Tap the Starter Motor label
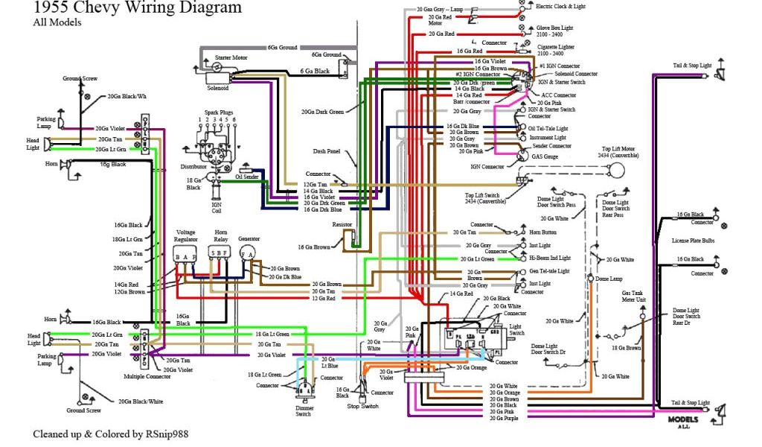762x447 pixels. click(x=231, y=57)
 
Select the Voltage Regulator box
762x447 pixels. click(x=185, y=256)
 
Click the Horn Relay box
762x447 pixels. click(x=219, y=256)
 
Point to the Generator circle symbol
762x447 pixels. click(x=248, y=253)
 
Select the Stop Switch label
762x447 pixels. click(x=364, y=407)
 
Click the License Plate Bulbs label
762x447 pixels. click(x=694, y=240)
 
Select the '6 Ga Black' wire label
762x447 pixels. click(x=315, y=72)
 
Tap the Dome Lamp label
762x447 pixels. click(x=609, y=278)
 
